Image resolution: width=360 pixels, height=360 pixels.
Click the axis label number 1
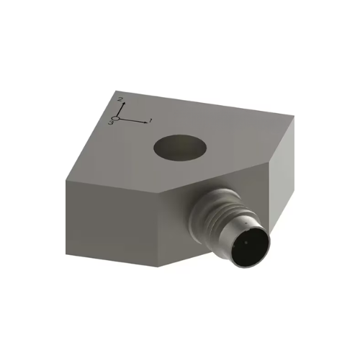[151, 120]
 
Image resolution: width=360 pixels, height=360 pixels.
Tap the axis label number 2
[121, 97]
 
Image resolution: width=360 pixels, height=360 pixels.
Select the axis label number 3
[112, 123]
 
